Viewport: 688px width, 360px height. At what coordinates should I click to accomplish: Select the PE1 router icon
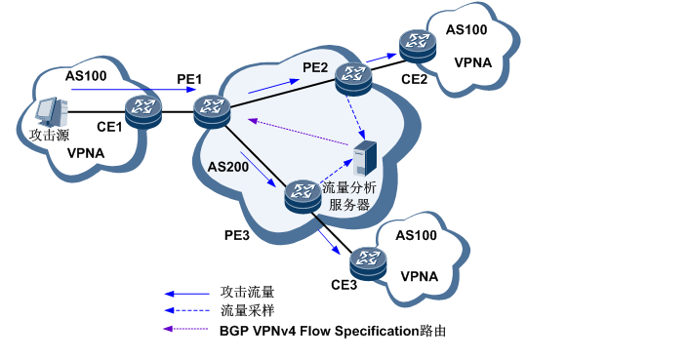point(211,109)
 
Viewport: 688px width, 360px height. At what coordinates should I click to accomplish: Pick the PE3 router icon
point(303,196)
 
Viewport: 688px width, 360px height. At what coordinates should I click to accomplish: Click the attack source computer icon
point(48,113)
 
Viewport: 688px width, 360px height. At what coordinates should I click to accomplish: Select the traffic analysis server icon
point(365,159)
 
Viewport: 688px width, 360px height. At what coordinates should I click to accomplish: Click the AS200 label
point(226,167)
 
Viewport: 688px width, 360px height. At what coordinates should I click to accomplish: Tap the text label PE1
point(189,76)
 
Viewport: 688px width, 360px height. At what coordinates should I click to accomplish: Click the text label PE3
point(238,235)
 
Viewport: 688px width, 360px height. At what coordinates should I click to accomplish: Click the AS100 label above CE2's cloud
point(467,29)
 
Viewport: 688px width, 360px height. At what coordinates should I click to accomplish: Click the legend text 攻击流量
point(247,292)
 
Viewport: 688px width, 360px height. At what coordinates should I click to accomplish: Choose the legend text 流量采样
point(247,310)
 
